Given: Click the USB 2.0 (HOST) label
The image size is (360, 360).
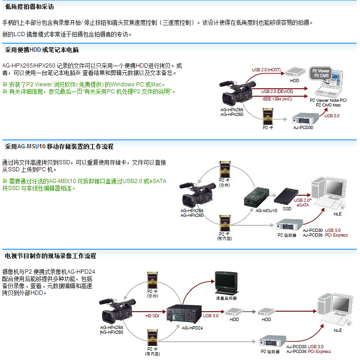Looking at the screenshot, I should pos(266,69).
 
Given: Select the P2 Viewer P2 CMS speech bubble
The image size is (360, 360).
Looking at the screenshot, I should pos(322,73).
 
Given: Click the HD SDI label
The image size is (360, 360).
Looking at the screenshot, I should pos(153,315).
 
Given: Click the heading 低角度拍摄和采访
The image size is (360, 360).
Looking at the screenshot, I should pos(29,7).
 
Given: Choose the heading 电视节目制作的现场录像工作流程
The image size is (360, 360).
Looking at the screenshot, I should pos(50,256).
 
